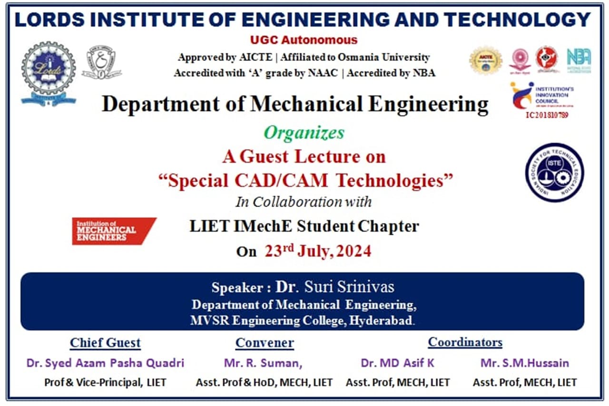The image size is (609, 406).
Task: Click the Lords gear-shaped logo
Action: [48, 71]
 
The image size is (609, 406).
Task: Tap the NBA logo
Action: [579, 60]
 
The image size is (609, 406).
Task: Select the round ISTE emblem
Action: [554, 172]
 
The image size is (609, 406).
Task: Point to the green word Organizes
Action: [304, 133]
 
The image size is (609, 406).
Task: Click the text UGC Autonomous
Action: [304, 40]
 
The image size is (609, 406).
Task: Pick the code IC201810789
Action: [547, 115]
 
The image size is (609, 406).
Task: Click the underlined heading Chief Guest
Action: [105, 343]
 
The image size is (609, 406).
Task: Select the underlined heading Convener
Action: [265, 343]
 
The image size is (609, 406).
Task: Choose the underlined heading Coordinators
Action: [465, 342]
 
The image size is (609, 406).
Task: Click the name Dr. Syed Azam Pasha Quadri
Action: [105, 363]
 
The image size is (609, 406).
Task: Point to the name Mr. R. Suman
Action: [263, 363]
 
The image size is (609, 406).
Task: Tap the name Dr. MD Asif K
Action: [397, 363]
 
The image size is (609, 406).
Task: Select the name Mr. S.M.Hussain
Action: [524, 363]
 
